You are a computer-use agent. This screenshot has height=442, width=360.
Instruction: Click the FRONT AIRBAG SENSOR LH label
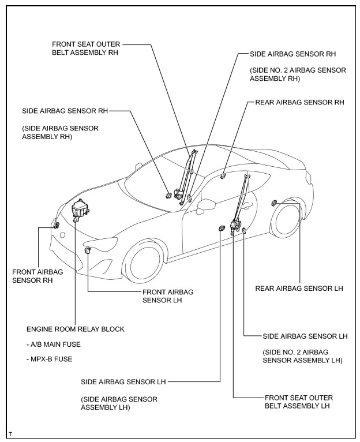point(167,297)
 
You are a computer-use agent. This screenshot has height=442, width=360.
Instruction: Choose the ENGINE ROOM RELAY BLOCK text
point(75,329)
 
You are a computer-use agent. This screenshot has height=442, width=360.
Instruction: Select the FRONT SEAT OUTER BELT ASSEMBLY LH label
point(298,402)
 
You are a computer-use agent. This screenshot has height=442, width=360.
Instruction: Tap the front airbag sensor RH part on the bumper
point(57,224)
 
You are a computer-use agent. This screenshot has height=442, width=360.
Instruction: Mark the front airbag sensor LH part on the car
point(88,250)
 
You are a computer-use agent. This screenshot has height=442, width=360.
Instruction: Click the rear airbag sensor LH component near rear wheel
point(275,203)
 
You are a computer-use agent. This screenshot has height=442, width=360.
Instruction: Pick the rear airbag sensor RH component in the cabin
point(223,175)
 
